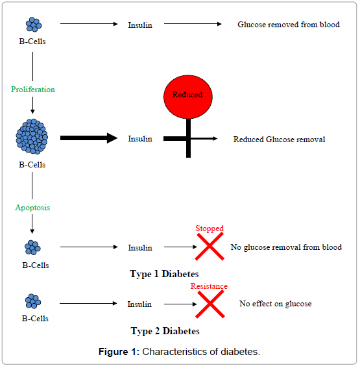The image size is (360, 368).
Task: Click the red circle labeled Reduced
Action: click(x=188, y=97)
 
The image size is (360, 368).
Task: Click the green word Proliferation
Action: click(x=33, y=90)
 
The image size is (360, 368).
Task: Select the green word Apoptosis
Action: click(x=32, y=208)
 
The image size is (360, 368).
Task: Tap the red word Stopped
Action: click(x=210, y=228)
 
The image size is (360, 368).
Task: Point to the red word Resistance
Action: click(x=209, y=286)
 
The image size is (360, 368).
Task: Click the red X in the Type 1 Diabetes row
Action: click(x=210, y=247)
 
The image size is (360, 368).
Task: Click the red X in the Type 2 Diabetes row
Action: click(x=210, y=304)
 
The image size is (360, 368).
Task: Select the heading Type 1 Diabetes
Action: click(x=164, y=274)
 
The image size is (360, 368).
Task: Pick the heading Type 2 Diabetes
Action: click(x=165, y=331)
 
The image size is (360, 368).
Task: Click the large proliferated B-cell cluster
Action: click(x=32, y=136)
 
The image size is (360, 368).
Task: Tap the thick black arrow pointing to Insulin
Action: click(x=89, y=138)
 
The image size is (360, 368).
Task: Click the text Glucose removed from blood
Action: click(x=289, y=25)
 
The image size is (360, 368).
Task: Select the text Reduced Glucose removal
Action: click(x=279, y=140)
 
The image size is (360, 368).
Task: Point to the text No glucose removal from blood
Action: click(x=286, y=247)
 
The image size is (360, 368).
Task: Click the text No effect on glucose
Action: click(x=275, y=304)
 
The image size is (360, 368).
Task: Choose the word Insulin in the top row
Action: click(x=140, y=25)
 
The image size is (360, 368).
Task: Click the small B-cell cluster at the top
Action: click(x=34, y=25)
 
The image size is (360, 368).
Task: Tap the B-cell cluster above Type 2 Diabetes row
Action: click(x=33, y=301)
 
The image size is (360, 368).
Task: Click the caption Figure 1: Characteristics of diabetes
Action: click(x=180, y=352)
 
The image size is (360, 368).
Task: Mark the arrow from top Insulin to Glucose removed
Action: click(x=193, y=24)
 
